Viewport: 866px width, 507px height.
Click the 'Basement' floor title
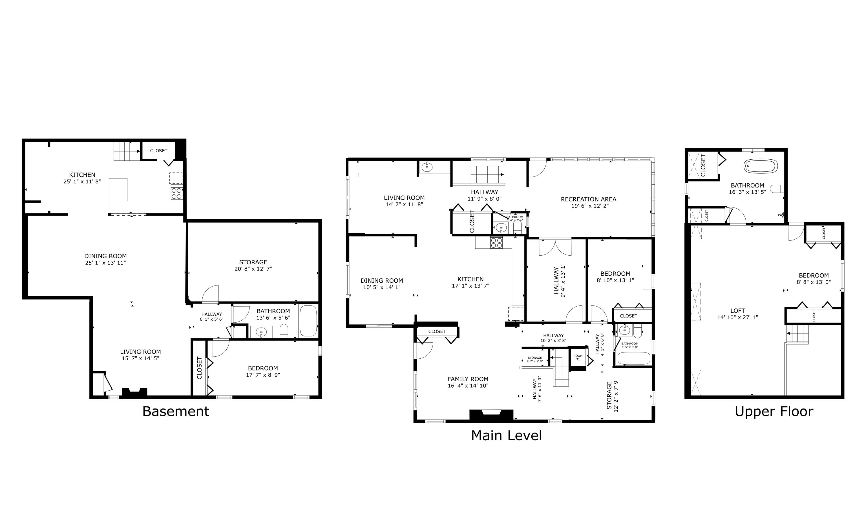pos(176,411)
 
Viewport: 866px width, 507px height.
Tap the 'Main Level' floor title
pos(506,435)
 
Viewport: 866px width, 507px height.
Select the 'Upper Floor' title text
pos(774,411)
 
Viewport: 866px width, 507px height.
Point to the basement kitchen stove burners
pos(177,193)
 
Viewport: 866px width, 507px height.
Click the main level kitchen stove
pos(496,243)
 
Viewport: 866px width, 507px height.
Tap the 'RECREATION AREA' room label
pos(588,199)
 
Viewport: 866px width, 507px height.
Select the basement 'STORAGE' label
pos(253,262)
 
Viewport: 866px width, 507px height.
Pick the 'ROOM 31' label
pos(578,357)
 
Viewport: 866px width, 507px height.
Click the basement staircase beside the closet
pos(127,151)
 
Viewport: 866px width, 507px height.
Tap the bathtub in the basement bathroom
pos(308,321)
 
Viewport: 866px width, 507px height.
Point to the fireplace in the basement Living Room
pos(134,392)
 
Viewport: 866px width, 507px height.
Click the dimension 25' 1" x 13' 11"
pos(105,263)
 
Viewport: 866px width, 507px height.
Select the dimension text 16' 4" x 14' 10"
pos(468,385)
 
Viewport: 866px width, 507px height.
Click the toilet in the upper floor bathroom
pos(777,189)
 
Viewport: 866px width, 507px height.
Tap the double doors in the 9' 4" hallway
pos(555,247)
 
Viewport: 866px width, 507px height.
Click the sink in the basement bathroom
pos(262,332)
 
